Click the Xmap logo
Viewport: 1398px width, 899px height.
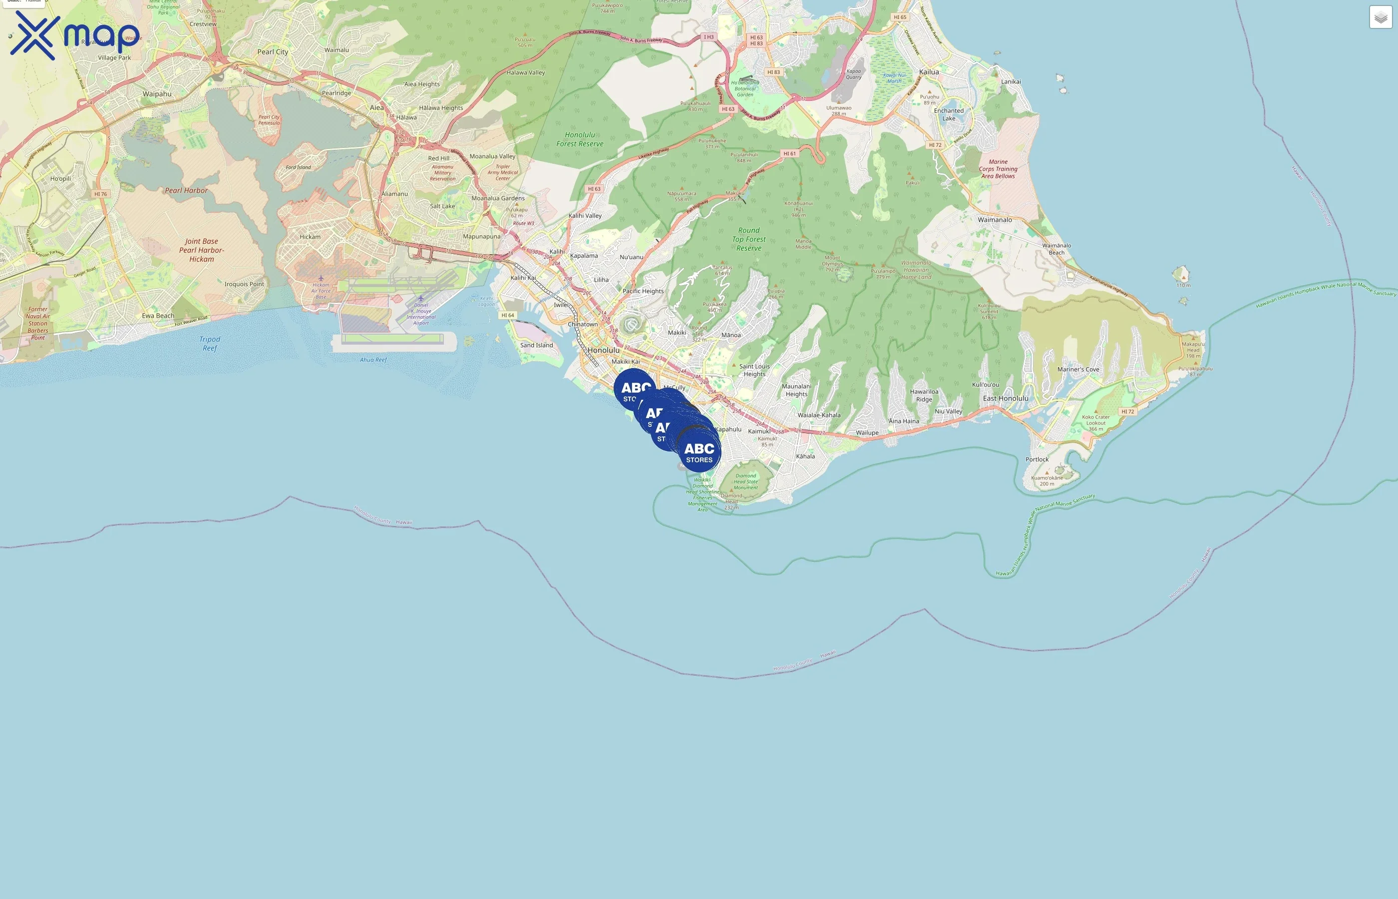[x=75, y=35]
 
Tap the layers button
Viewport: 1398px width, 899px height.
[x=1380, y=17]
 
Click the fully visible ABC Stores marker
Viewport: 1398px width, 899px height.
[x=699, y=452]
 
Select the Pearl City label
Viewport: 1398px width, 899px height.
[x=273, y=52]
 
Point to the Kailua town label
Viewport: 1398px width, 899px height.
[x=929, y=72]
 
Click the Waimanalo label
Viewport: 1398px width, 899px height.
[x=995, y=220]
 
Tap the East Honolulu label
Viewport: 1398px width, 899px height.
[x=1006, y=399]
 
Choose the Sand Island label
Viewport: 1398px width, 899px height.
[x=536, y=345]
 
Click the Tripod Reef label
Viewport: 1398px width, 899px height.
[x=210, y=343]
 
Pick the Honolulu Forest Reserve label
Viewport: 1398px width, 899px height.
[x=580, y=139]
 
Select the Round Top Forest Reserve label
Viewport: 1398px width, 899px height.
[x=749, y=239]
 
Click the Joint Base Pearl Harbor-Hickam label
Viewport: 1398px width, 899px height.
[x=201, y=250]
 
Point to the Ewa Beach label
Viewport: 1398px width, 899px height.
[x=158, y=316]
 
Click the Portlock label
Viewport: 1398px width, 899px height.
[x=1037, y=459]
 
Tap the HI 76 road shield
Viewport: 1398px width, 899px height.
[x=100, y=194]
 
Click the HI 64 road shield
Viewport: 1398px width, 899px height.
[x=508, y=315]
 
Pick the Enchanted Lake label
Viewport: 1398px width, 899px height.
[x=949, y=114]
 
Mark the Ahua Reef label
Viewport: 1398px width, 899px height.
[x=373, y=360]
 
